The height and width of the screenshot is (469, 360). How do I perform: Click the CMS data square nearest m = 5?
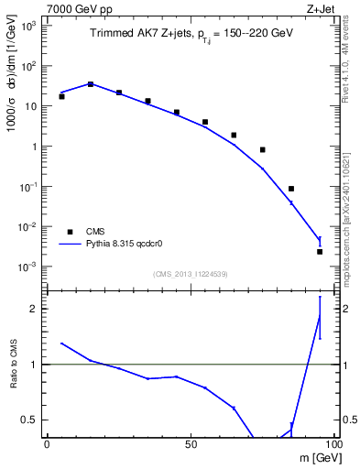pyautogui.click(x=61, y=96)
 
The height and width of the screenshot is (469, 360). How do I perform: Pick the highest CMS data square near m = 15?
pyautogui.click(x=91, y=84)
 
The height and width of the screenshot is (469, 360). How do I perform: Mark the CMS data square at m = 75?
pyautogui.click(x=263, y=149)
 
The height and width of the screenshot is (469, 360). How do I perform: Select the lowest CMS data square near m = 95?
pyautogui.click(x=320, y=251)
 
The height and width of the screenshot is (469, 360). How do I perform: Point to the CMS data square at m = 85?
pyautogui.click(x=291, y=189)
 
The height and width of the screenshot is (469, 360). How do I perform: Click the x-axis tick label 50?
pyautogui.click(x=191, y=444)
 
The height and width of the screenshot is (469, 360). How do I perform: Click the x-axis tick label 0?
pyautogui.click(x=47, y=444)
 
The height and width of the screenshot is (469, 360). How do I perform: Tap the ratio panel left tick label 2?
pyautogui.click(x=35, y=309)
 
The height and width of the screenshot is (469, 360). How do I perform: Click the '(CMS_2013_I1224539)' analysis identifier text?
pyautogui.click(x=190, y=273)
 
